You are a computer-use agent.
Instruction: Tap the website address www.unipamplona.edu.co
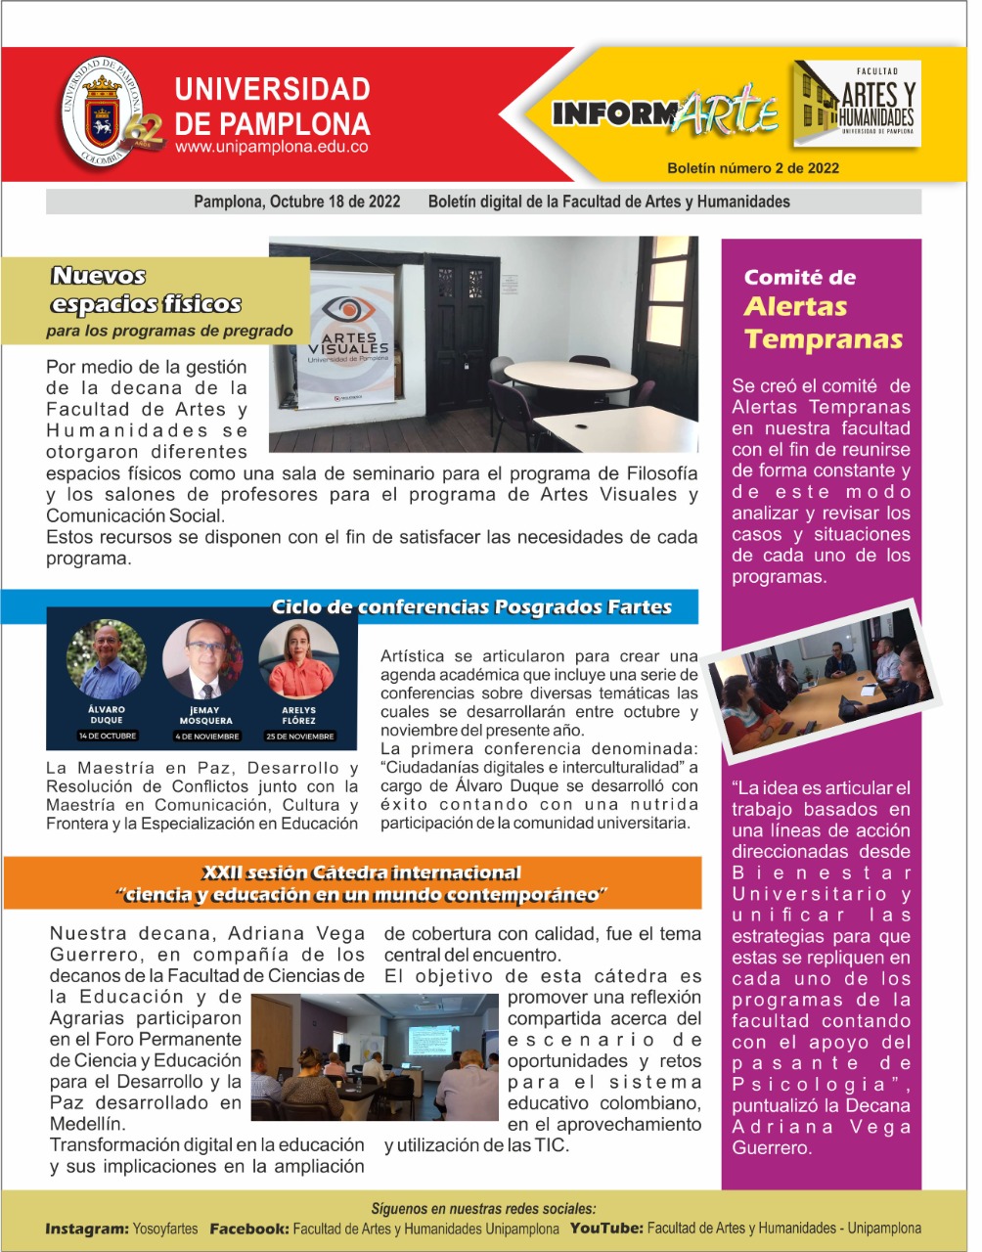(272, 148)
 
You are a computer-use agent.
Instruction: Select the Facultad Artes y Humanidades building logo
(858, 104)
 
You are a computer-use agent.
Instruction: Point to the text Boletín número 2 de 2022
(753, 168)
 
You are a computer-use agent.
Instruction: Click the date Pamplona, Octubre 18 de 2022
(297, 201)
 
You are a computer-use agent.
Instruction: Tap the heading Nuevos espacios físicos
(146, 291)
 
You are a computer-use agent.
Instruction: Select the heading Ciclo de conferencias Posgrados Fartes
(471, 607)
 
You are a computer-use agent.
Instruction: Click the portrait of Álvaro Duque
(106, 658)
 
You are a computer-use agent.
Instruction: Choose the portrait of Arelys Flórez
(299, 658)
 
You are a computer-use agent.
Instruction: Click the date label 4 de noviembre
(206, 736)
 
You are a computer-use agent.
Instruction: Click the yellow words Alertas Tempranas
(823, 323)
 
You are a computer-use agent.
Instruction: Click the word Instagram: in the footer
(87, 1229)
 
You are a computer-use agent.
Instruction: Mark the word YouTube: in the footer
(606, 1229)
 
